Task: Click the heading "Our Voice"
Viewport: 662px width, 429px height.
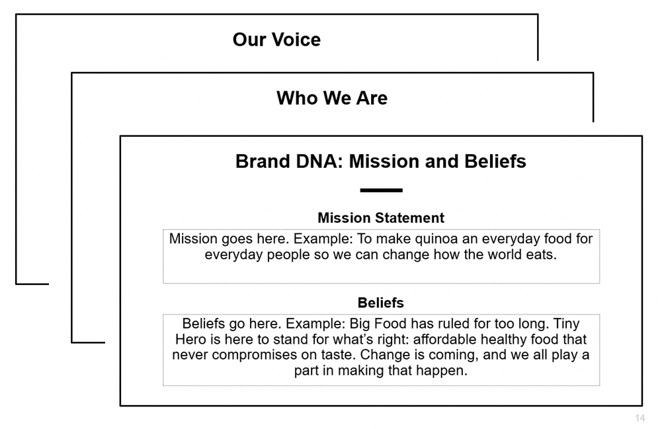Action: point(276,40)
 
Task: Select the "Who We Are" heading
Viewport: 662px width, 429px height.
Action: point(332,98)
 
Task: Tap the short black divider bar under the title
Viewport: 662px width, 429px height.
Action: point(381,190)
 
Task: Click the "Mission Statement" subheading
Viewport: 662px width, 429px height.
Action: point(381,217)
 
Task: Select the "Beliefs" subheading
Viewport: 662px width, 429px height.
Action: point(381,303)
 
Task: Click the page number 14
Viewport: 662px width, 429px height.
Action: point(640,418)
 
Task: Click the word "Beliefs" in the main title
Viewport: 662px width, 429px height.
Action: point(493,161)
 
